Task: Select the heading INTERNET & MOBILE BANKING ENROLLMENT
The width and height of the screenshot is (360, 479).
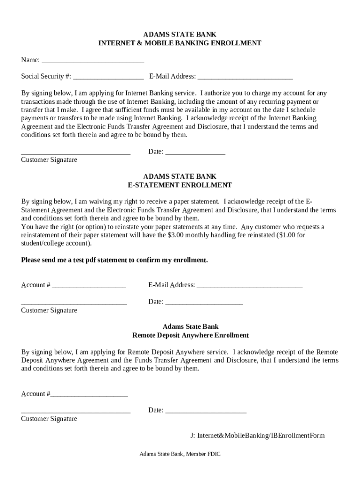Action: (x=180, y=43)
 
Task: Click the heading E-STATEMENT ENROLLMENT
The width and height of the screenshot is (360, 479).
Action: (x=180, y=185)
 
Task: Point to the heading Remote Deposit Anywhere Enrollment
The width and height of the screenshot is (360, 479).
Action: (x=190, y=335)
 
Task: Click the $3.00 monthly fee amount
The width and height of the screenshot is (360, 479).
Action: (x=176, y=235)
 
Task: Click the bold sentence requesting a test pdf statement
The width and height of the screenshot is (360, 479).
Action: (x=115, y=260)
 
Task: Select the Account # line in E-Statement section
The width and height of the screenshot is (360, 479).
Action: (x=89, y=286)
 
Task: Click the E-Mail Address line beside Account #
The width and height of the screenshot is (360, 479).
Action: (x=250, y=286)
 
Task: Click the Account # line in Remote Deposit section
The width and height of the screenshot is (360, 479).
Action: (x=89, y=395)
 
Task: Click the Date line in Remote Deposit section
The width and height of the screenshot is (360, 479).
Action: (x=206, y=411)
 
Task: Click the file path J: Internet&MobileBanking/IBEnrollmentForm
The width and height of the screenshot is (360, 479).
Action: (x=257, y=435)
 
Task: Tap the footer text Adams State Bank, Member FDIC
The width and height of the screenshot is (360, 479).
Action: (x=180, y=454)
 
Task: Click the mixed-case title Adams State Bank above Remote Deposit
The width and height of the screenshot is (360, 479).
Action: (x=190, y=327)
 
